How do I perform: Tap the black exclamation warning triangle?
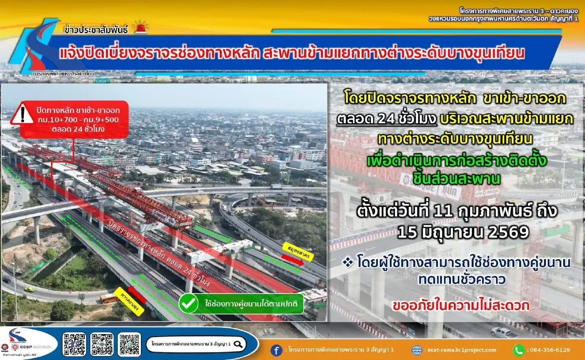[x=22, y=114]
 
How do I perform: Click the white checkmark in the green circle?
[x=188, y=304]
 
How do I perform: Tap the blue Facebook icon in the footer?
[x=276, y=350]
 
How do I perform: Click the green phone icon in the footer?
[x=518, y=350]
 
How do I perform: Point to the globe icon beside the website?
[x=417, y=350]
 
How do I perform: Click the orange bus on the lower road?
[x=109, y=298]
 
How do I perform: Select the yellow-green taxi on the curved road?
[x=30, y=288]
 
